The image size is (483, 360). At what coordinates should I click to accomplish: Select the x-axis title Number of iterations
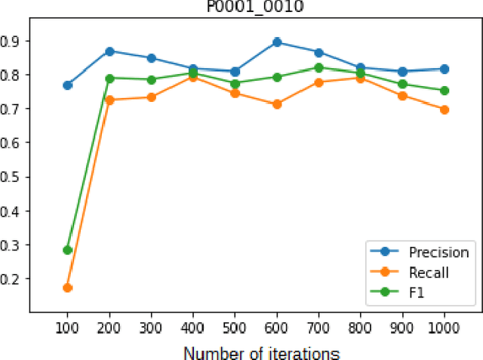(262, 352)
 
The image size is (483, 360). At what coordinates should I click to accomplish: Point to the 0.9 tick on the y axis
(14, 41)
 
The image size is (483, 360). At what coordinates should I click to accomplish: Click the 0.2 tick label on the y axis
(14, 278)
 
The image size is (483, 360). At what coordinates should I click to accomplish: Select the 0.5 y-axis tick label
(14, 177)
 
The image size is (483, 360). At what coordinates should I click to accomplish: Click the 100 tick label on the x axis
(67, 329)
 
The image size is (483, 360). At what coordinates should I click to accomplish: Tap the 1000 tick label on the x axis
(444, 329)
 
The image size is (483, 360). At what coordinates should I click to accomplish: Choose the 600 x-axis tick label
(277, 329)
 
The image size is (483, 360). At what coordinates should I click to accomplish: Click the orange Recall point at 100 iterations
(67, 288)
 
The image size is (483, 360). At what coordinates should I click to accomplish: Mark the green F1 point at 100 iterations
(67, 250)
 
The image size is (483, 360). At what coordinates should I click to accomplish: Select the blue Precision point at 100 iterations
(67, 85)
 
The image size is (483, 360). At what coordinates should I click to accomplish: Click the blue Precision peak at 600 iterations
(277, 42)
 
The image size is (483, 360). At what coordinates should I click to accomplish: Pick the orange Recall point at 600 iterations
(277, 104)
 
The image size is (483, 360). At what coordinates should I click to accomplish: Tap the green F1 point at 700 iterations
(318, 68)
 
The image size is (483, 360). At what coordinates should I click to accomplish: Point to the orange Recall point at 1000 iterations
(444, 109)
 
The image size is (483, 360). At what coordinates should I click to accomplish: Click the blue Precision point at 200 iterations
(109, 51)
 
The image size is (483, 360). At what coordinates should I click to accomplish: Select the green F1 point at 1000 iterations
(444, 91)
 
